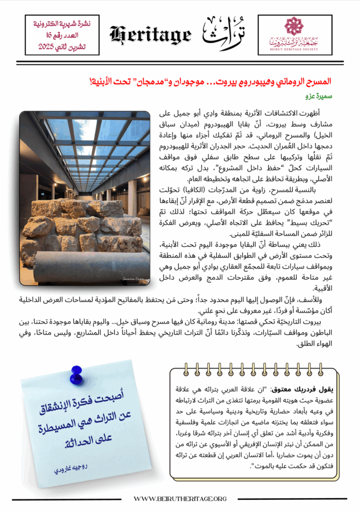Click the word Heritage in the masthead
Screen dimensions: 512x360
click(x=150, y=34)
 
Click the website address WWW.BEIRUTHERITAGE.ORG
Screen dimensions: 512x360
click(x=180, y=498)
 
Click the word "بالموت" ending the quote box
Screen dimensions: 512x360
click(x=265, y=467)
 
